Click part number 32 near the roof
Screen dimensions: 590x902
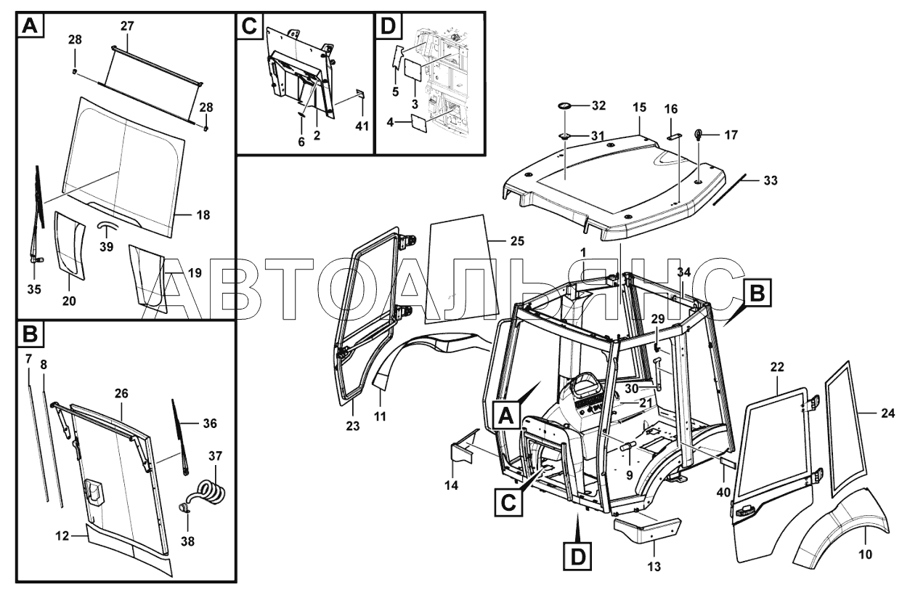tap(598, 106)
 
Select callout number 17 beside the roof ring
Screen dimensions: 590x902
tap(731, 134)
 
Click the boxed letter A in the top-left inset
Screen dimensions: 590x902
tap(30, 27)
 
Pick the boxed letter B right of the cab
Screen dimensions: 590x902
tap(756, 293)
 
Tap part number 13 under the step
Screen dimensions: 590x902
tap(654, 566)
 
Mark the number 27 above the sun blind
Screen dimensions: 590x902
tap(127, 26)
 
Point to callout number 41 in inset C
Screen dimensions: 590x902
tap(362, 126)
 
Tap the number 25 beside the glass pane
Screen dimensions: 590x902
tap(516, 241)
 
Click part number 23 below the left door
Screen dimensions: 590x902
tap(353, 427)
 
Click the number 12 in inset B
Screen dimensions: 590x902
tap(62, 536)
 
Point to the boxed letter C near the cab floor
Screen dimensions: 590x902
tap(508, 501)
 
